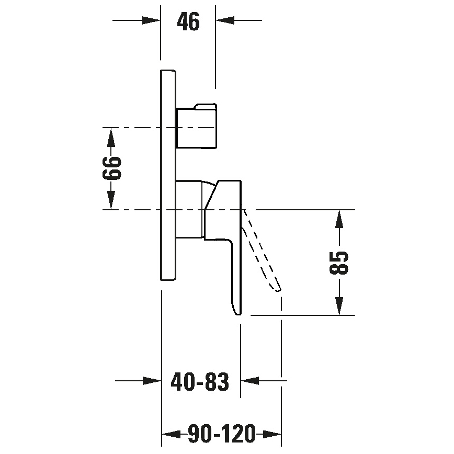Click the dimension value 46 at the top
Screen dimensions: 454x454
(x=188, y=21)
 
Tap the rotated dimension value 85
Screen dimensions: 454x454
(x=339, y=263)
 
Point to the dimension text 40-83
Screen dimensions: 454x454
(x=200, y=382)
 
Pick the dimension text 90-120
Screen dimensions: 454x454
(x=222, y=434)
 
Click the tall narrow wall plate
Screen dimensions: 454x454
(x=168, y=175)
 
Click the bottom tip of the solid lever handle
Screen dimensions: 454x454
(x=237, y=312)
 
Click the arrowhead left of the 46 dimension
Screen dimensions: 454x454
(x=152, y=20)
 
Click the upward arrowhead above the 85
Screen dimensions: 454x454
(x=340, y=219)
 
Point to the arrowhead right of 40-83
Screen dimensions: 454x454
(x=248, y=381)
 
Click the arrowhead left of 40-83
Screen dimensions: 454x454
(x=152, y=381)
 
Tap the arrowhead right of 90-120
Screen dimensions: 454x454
(x=273, y=434)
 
